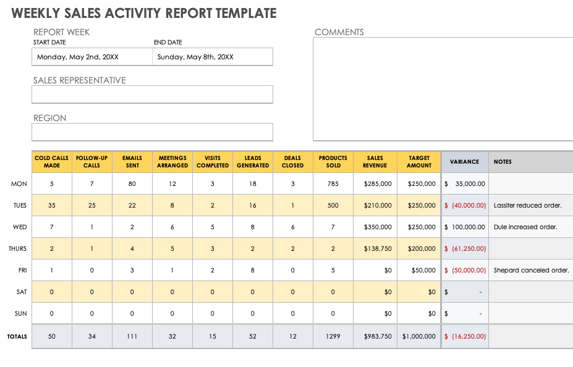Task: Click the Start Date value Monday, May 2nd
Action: pyautogui.click(x=78, y=57)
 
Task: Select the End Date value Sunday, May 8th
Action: pyautogui.click(x=195, y=57)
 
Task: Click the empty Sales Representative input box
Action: pyautogui.click(x=152, y=95)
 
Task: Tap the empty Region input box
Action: pyautogui.click(x=152, y=132)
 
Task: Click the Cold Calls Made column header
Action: pyautogui.click(x=52, y=162)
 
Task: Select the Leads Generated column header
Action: pyautogui.click(x=253, y=162)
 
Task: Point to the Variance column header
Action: pyautogui.click(x=465, y=162)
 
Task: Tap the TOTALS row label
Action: pyautogui.click(x=17, y=337)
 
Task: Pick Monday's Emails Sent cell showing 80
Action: pyautogui.click(x=132, y=184)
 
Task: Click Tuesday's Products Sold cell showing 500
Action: pyautogui.click(x=333, y=206)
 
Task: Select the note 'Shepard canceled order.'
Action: pyautogui.click(x=531, y=271)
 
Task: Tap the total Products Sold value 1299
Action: pyautogui.click(x=333, y=337)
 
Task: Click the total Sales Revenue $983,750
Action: pyautogui.click(x=376, y=337)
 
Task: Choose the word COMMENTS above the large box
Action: pyautogui.click(x=339, y=32)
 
